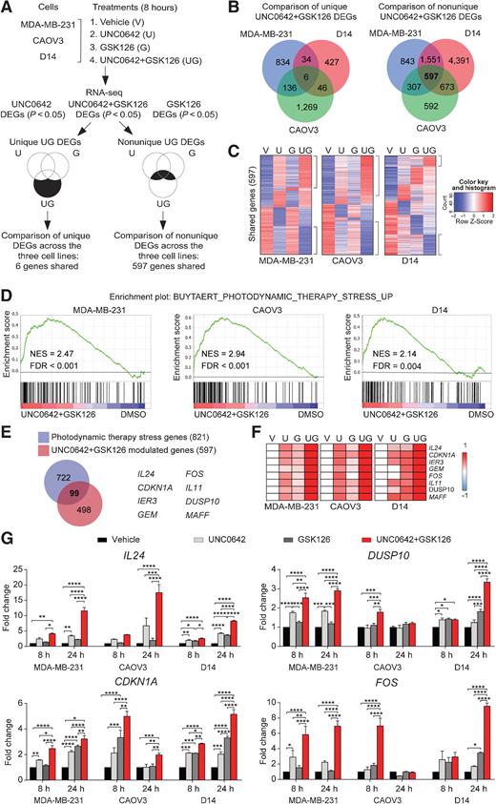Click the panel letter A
(x=7, y=8)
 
